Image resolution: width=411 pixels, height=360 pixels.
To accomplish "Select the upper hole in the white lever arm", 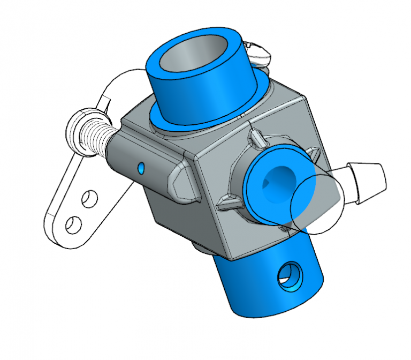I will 86,199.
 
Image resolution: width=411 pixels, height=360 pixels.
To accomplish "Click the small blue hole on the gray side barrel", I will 141,169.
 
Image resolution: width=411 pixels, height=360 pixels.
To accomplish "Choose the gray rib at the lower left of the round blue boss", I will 227,203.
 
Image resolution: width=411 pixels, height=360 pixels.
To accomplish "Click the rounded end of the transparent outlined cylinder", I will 321,214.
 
